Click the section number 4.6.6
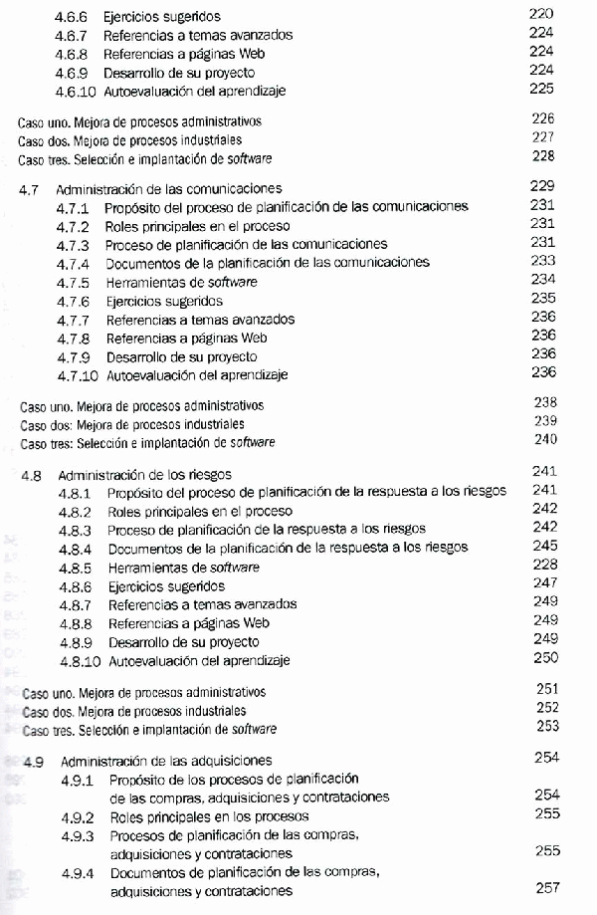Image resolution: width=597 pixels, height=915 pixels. click(72, 17)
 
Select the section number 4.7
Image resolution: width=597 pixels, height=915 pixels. click(30, 187)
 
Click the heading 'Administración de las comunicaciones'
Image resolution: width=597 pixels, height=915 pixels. click(169, 187)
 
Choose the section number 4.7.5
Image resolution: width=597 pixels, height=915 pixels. click(74, 282)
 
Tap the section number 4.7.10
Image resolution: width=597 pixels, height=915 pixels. click(77, 374)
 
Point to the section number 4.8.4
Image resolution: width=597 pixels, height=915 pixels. click(75, 548)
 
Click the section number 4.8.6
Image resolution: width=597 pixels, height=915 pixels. click(75, 585)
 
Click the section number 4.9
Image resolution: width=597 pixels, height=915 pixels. click(33, 761)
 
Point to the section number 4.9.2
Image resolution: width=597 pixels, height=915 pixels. click(77, 816)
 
